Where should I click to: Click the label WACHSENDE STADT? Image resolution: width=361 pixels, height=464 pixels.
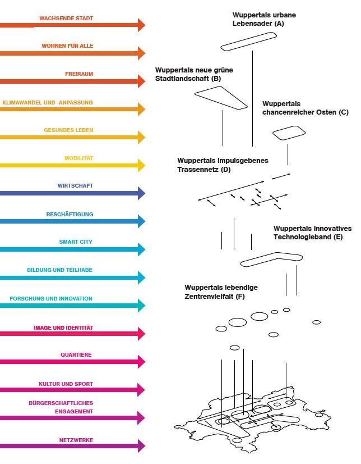(66, 19)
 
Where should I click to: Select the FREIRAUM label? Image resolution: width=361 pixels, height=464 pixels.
(79, 74)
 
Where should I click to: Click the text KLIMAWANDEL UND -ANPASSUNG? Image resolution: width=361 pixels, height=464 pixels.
(48, 103)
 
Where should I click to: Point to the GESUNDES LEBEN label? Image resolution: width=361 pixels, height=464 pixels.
(68, 130)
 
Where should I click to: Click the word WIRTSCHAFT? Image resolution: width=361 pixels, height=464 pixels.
(75, 186)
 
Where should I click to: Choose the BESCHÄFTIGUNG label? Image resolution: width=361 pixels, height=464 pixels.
(70, 215)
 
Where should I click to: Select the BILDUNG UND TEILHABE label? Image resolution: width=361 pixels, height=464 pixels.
(60, 270)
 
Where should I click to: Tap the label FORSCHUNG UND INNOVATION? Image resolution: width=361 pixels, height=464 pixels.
(51, 299)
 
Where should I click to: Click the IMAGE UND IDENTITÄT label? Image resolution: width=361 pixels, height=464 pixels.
(63, 328)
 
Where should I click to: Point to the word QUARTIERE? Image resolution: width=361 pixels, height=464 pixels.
(76, 355)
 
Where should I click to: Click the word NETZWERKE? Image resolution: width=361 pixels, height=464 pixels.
(76, 440)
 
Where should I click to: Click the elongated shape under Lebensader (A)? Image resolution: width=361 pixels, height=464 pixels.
(249, 42)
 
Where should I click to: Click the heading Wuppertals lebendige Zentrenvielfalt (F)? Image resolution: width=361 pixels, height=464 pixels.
(221, 292)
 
